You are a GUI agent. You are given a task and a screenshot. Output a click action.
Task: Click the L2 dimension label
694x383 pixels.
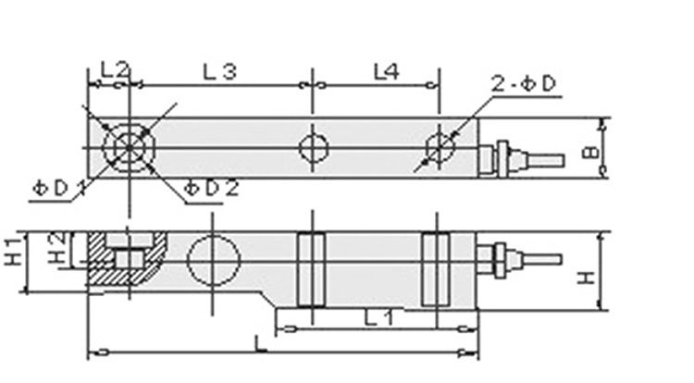114,68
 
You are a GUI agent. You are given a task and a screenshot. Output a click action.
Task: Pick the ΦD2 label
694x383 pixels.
211,188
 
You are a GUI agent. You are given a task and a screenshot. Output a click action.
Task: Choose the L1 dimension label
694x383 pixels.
376,317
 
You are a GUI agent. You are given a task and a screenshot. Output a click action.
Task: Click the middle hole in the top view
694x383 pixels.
313,147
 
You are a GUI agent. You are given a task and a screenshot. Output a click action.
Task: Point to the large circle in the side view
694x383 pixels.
210,258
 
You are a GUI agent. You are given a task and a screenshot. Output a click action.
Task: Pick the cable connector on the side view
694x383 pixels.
518,257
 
